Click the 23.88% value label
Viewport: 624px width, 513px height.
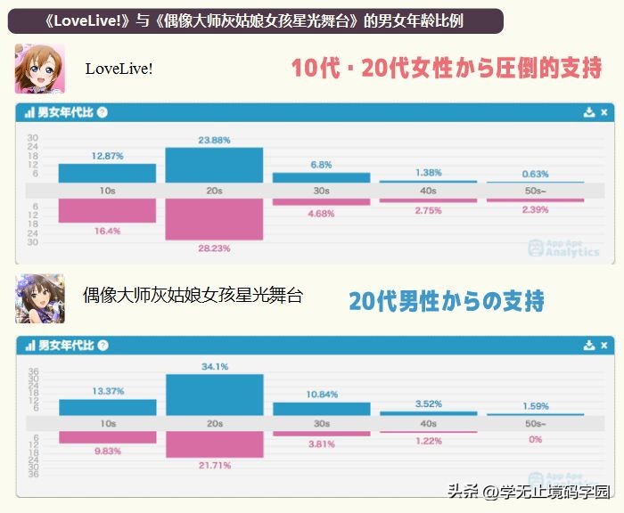pyautogui.click(x=214, y=140)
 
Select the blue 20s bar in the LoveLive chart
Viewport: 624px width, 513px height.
pyautogui.click(x=214, y=165)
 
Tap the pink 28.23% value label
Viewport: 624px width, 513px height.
pyautogui.click(x=214, y=248)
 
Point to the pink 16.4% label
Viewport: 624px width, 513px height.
pyautogui.click(x=107, y=231)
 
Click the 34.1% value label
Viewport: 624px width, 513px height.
pyautogui.click(x=214, y=366)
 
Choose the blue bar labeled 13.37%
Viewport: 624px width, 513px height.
pyautogui.click(x=107, y=407)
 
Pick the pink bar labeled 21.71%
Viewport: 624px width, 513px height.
pyautogui.click(x=214, y=444)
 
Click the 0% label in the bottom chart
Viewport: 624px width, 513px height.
pyautogui.click(x=536, y=440)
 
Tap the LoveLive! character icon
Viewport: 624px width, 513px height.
pyautogui.click(x=39, y=69)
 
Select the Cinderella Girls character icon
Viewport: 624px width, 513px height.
pyautogui.click(x=39, y=297)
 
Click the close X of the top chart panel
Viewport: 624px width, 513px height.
pyautogui.click(x=604, y=112)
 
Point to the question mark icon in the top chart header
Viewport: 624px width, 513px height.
pyautogui.click(x=103, y=112)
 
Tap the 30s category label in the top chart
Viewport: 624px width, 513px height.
pyautogui.click(x=321, y=191)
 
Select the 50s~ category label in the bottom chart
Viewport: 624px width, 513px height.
pyautogui.click(x=536, y=424)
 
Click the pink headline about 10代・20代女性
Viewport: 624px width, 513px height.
pyautogui.click(x=447, y=69)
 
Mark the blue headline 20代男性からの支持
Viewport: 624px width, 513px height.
pyautogui.click(x=446, y=301)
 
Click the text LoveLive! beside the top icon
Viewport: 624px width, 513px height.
pyautogui.click(x=119, y=69)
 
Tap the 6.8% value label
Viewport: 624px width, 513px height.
pyautogui.click(x=321, y=165)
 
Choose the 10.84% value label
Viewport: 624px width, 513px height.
pyautogui.click(x=321, y=395)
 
